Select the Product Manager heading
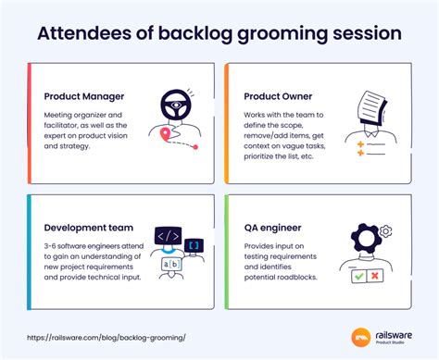point(86,95)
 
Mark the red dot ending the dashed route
point(195,146)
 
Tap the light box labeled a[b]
point(171,264)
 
